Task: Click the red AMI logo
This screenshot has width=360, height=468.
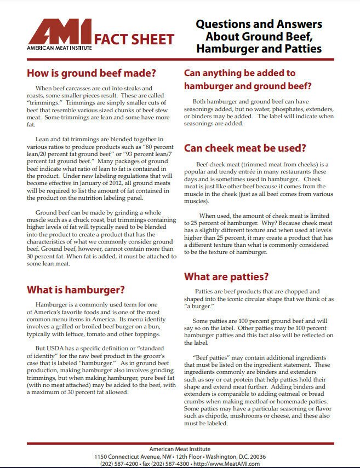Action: point(60,32)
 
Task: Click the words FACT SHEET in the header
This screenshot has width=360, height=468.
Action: point(134,39)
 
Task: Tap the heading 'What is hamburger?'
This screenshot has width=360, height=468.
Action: point(76,289)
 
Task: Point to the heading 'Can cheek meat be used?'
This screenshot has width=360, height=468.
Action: point(244,148)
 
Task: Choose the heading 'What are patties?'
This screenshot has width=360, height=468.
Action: point(226,276)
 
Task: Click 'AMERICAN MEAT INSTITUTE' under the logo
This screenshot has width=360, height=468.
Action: point(59,48)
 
